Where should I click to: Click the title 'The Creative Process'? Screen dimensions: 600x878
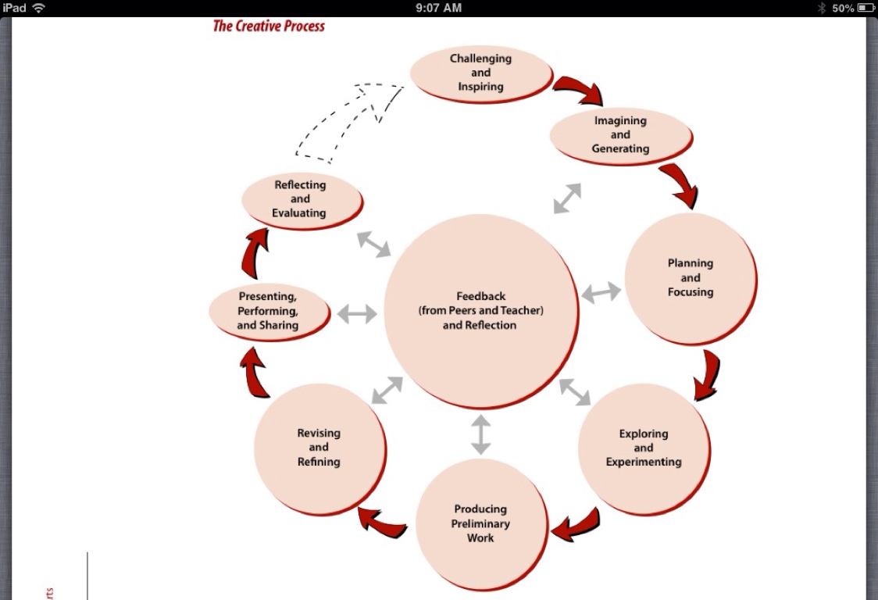coord(269,26)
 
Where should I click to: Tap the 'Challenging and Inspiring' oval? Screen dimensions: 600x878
coord(480,73)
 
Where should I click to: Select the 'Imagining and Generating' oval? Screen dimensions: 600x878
coord(620,134)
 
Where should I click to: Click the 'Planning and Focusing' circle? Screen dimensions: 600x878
coord(691,277)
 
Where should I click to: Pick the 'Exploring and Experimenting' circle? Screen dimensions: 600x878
coord(644,448)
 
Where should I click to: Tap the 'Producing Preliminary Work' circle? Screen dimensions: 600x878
coord(480,523)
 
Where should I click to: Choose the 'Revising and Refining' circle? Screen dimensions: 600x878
coord(319,448)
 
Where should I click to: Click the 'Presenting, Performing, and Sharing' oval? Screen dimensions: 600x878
coord(268,310)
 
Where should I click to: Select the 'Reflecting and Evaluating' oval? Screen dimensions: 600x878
coord(301,199)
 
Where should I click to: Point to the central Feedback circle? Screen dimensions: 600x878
coord(480,310)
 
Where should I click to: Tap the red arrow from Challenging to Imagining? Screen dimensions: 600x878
coord(579,89)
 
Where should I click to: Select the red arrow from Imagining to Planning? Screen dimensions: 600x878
coord(680,184)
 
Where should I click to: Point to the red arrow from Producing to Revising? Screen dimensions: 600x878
coord(382,522)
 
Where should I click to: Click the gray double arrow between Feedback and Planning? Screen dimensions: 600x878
coord(601,293)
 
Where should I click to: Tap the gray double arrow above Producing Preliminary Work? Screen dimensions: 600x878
coord(480,434)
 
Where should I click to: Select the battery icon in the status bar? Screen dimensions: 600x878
coord(865,8)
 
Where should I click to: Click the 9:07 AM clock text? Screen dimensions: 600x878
coord(438,8)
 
